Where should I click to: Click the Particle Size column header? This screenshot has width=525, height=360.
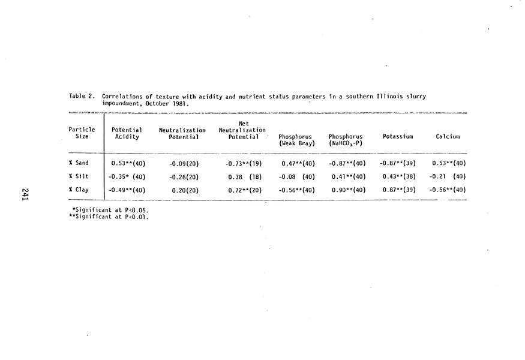[82, 133]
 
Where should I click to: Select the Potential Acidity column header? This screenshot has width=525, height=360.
[127, 133]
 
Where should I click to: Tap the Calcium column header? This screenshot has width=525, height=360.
[448, 136]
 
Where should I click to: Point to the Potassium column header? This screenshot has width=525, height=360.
[398, 136]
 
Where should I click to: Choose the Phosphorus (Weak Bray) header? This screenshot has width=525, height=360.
[297, 140]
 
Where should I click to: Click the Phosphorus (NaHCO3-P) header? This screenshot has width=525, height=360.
[346, 140]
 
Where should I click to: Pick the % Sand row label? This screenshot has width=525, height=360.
[79, 163]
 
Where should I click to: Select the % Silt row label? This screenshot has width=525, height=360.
[79, 176]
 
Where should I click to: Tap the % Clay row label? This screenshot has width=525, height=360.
[79, 190]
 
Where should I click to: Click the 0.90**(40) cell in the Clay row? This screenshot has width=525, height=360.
[349, 190]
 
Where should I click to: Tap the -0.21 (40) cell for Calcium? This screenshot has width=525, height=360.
[448, 176]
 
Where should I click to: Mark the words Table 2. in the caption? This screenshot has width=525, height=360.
[82, 96]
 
